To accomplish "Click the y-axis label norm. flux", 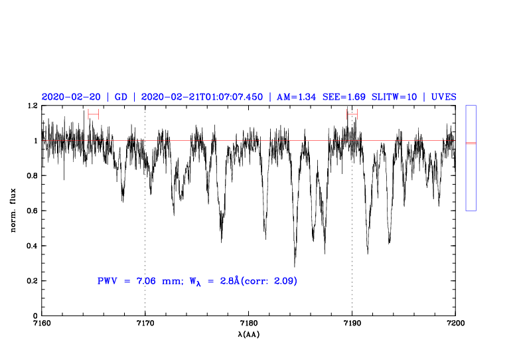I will [x=14, y=211].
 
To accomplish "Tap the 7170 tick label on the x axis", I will [x=145, y=324].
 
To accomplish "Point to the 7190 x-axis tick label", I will [x=352, y=324].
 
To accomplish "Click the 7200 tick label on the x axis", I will [x=455, y=324].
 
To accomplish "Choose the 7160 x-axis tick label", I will [x=42, y=324].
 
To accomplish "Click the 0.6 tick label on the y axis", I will [x=31, y=211].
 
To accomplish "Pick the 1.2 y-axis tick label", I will [x=31, y=106].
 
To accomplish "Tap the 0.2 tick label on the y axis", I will [x=31, y=281].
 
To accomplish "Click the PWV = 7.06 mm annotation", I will [x=139, y=281].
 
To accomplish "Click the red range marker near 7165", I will [x=93, y=114].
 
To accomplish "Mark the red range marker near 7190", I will [x=352, y=114].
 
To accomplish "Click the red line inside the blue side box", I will [x=471, y=143].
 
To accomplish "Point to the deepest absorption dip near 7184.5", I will [x=295, y=265].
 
